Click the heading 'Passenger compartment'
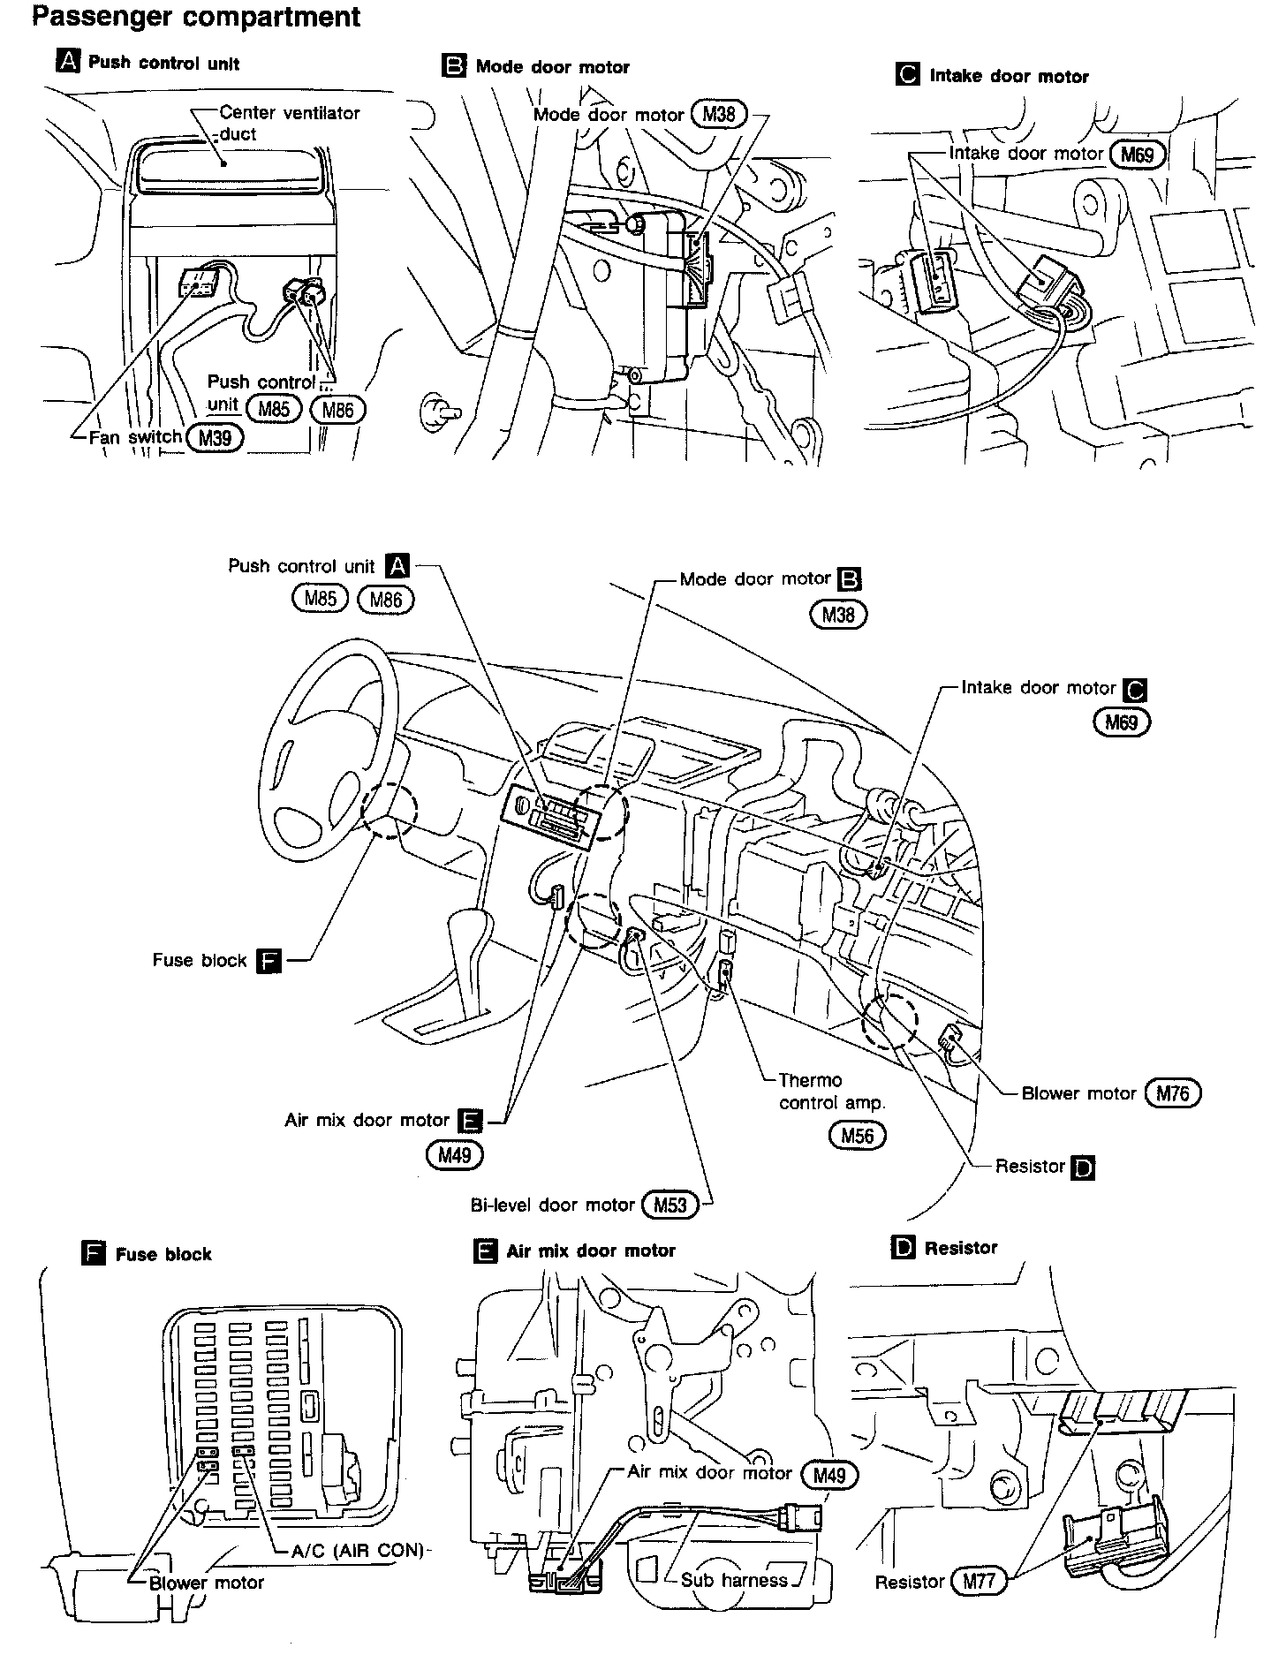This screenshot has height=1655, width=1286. point(196,18)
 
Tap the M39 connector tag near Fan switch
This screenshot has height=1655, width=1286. point(215,437)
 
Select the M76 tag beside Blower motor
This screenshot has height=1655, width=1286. point(1173,1093)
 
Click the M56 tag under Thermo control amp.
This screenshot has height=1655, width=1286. point(858,1135)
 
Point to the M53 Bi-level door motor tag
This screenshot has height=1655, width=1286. point(669,1205)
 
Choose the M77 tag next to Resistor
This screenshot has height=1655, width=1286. point(979,1581)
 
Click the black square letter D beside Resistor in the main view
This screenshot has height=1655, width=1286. point(1082,1168)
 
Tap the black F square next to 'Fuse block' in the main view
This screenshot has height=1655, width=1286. point(268,961)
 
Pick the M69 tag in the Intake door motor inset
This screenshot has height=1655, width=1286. point(1137,155)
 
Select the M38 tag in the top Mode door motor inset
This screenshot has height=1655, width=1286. point(719,114)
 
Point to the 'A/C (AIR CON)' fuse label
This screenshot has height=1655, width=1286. point(358,1550)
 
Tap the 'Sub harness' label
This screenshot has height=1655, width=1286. point(734,1580)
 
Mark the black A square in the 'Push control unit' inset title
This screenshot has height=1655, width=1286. point(67,62)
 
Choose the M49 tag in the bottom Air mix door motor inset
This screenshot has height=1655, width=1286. point(828,1475)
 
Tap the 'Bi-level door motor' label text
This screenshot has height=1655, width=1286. point(552,1205)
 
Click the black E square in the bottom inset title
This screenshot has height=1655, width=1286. point(486,1251)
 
